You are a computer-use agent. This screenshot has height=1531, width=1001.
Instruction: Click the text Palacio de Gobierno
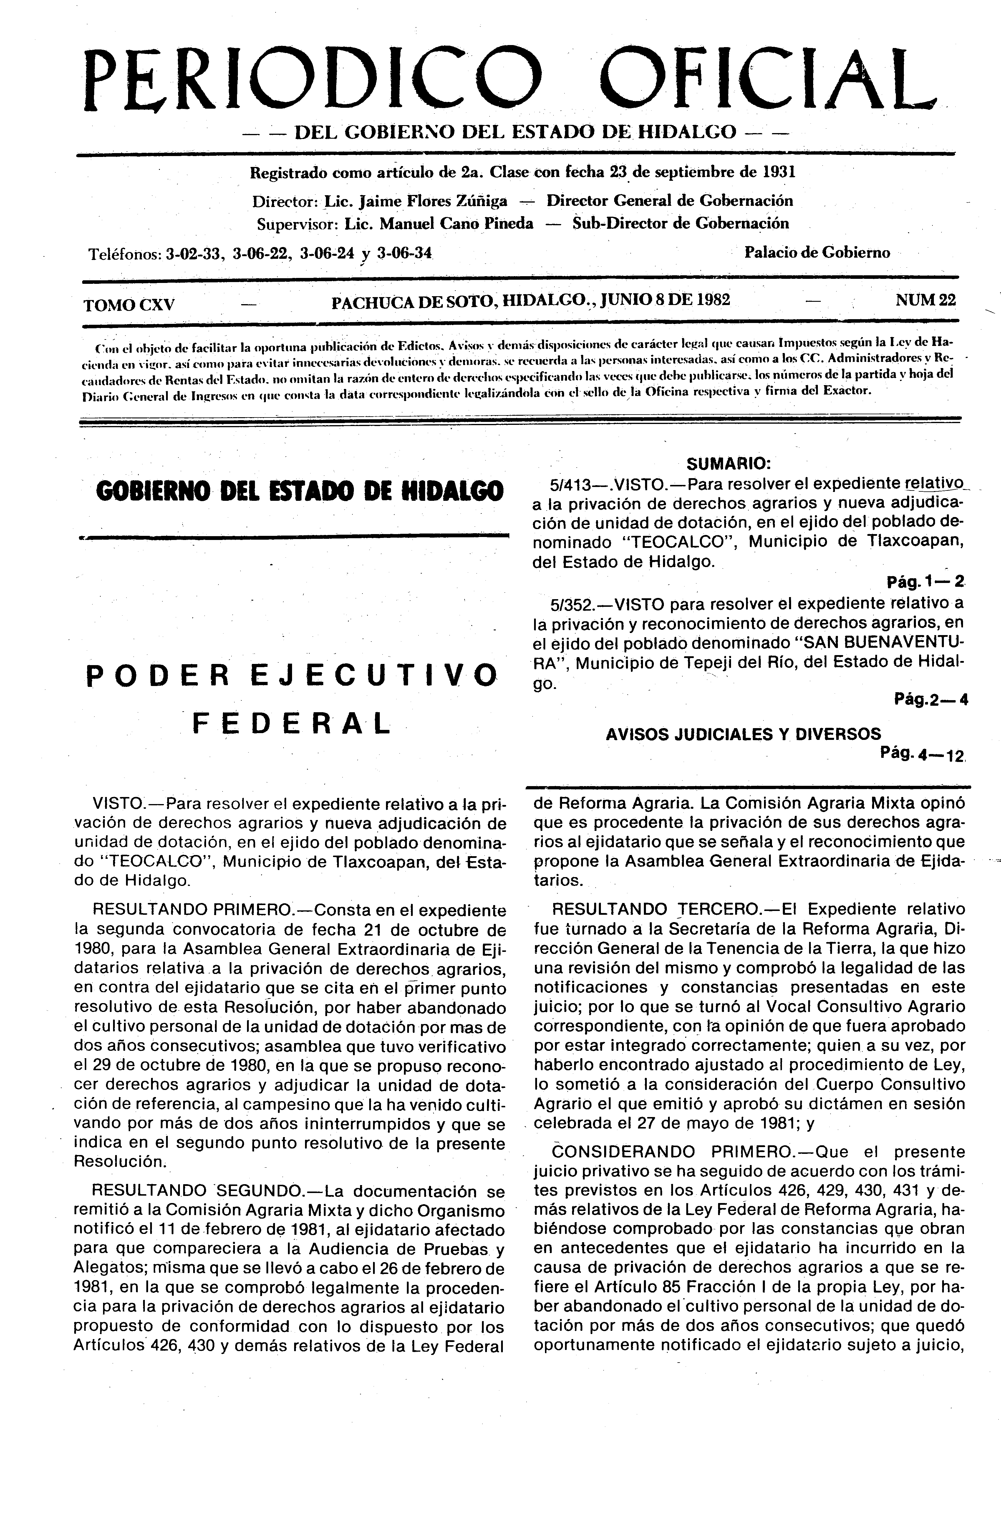(x=817, y=253)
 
